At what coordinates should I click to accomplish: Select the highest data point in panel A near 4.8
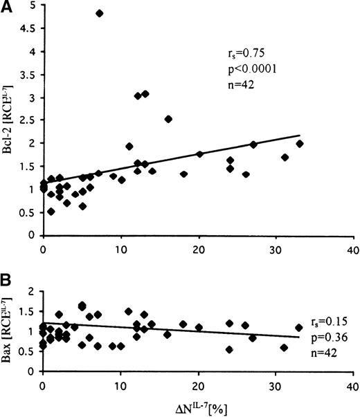point(99,13)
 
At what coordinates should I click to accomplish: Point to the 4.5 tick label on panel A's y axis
point(29,29)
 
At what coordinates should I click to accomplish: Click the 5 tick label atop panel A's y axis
point(33,6)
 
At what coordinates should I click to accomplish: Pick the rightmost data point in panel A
point(299,144)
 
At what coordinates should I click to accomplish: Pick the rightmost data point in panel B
point(299,328)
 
